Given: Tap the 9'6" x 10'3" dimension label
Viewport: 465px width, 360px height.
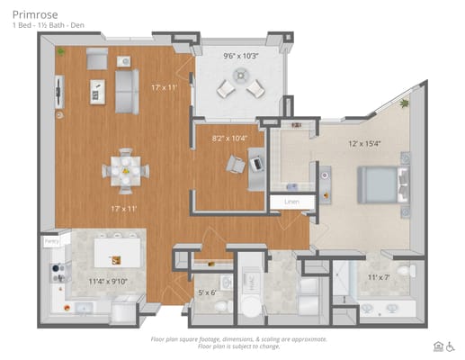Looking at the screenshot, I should (x=241, y=56).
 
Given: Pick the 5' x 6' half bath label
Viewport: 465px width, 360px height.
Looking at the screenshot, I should (x=208, y=292).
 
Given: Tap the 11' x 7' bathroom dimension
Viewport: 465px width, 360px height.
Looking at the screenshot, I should (x=380, y=277).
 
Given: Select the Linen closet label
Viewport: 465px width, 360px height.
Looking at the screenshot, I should (x=291, y=202).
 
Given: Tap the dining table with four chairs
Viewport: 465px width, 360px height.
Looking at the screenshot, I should (x=126, y=169).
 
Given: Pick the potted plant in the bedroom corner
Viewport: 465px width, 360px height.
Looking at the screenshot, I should (x=405, y=103).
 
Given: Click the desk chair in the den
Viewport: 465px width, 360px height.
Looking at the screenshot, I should (x=237, y=164).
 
